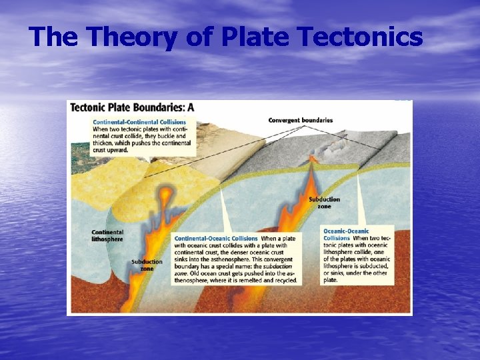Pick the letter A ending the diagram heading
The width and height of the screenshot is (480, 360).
[x=190, y=107]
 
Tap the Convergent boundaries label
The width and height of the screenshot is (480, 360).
[x=300, y=120]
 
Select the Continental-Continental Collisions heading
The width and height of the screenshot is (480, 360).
[x=131, y=122]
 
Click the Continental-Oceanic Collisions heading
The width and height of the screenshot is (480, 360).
[x=216, y=238]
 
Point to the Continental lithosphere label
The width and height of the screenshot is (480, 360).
[x=107, y=235]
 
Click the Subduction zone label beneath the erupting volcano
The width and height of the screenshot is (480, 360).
[x=325, y=202]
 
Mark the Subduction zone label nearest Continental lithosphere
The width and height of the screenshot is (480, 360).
[x=147, y=265]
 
